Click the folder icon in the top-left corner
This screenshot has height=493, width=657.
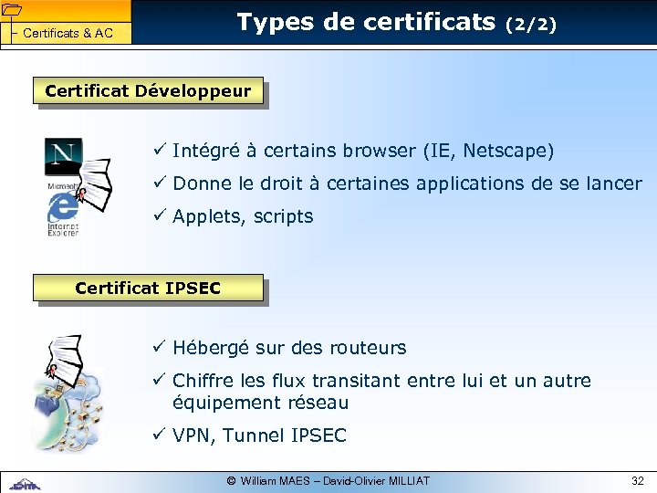[13, 10]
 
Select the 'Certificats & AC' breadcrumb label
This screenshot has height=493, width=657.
[68, 34]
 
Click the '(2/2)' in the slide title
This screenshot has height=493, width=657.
[530, 26]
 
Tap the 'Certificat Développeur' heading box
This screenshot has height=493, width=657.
[148, 91]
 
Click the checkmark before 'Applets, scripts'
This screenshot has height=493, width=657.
[159, 216]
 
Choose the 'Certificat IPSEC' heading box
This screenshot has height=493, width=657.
[148, 288]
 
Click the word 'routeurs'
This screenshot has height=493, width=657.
[370, 348]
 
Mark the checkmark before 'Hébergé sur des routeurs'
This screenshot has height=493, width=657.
[159, 348]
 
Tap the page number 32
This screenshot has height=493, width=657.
[637, 480]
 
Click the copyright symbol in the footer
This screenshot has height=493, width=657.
[231, 480]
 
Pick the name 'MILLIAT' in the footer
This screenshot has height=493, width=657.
[407, 480]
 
